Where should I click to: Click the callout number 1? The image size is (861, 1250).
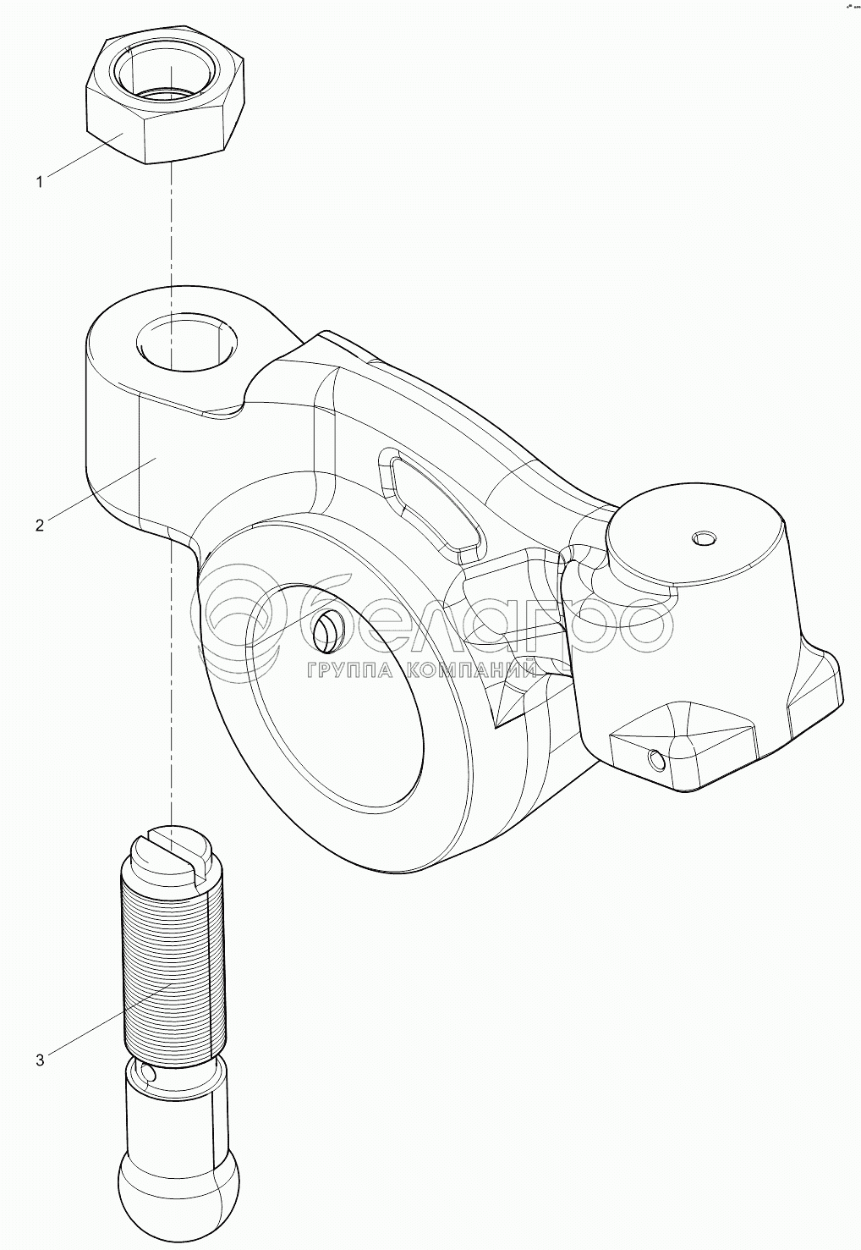(39, 182)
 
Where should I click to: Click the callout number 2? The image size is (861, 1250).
(39, 525)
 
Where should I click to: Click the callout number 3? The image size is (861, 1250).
(39, 1060)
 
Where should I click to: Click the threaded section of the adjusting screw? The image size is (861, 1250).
(173, 965)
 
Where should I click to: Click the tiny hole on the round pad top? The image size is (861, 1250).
(703, 537)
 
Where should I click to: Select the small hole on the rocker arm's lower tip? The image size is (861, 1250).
(656, 761)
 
